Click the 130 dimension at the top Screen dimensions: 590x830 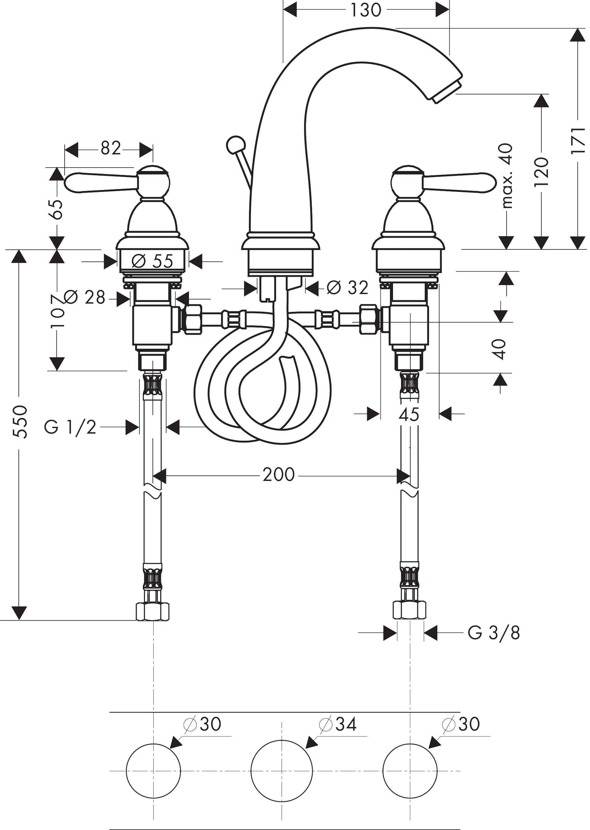366,10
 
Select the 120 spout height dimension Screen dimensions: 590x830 541,172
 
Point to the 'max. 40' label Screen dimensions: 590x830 507,176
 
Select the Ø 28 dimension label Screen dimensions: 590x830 84,297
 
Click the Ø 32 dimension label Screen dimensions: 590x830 347,288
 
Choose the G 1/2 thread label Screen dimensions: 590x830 70,427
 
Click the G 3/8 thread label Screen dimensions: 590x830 494,633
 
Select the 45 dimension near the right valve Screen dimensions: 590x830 409,414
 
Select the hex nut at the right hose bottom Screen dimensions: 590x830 409,611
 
